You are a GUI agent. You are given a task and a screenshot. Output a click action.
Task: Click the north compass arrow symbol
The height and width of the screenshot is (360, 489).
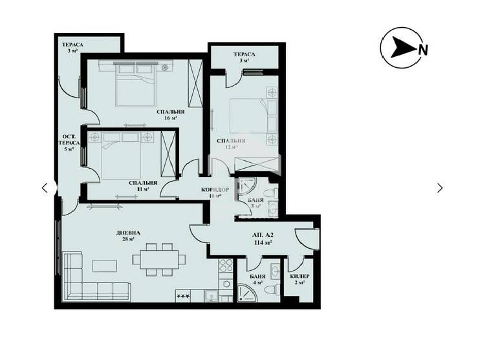404,48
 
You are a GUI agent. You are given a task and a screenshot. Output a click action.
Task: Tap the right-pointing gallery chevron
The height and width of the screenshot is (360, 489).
440,188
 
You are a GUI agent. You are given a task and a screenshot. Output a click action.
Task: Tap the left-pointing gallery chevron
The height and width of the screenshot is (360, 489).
44,188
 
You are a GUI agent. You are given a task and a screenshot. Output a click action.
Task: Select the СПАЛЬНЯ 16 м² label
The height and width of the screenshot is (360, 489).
171,115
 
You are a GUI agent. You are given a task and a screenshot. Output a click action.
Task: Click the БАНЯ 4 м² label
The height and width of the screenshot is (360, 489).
257,279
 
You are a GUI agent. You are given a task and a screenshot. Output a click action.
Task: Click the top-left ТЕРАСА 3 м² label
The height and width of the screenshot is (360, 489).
72,48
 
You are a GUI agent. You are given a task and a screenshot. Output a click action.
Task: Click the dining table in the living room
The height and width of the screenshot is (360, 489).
158,258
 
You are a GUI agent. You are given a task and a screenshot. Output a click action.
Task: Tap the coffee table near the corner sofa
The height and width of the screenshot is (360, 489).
103,265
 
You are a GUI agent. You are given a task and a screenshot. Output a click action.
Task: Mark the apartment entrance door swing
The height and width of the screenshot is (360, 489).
303,237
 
